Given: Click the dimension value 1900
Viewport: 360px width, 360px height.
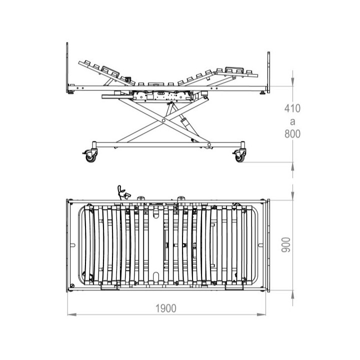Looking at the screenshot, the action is pyautogui.click(x=166, y=308).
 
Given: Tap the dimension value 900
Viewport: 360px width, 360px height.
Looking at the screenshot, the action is pyautogui.click(x=286, y=245).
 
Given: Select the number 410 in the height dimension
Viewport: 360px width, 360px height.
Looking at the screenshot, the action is pyautogui.click(x=292, y=108).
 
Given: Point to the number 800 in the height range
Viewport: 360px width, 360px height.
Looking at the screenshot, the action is pyautogui.click(x=292, y=134).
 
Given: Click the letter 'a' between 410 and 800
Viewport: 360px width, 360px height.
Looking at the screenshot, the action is pyautogui.click(x=292, y=121).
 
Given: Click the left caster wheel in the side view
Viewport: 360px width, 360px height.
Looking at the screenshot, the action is pyautogui.click(x=90, y=157).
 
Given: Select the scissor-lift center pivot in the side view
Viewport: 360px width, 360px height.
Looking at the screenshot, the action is pyautogui.click(x=163, y=120).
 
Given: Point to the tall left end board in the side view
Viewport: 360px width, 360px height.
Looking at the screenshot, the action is pyautogui.click(x=67, y=67).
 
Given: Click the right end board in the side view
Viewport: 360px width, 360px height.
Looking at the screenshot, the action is pyautogui.click(x=268, y=72).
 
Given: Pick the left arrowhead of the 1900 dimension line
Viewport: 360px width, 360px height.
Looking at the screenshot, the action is pyautogui.click(x=72, y=314).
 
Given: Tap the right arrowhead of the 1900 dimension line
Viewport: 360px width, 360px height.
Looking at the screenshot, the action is pyautogui.click(x=261, y=314).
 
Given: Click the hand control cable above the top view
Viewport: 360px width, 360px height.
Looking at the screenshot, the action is pyautogui.click(x=120, y=193).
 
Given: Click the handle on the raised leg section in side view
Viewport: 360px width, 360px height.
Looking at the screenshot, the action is pyautogui.click(x=234, y=69).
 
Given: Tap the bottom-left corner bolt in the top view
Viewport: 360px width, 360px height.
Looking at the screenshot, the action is pyautogui.click(x=72, y=285).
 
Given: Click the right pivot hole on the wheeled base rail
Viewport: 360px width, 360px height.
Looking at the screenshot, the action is pyautogui.click(x=209, y=144).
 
